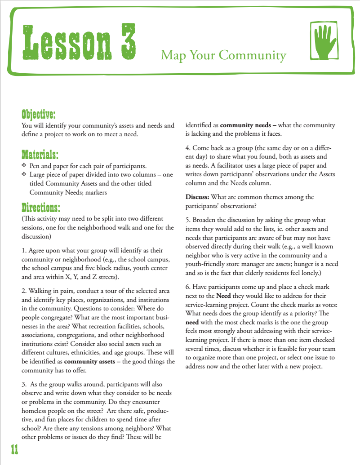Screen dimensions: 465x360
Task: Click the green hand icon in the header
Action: (x=323, y=42)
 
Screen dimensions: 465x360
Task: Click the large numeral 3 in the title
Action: (x=125, y=41)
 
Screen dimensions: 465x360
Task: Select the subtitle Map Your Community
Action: (x=223, y=55)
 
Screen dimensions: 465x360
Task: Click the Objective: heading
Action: (x=39, y=113)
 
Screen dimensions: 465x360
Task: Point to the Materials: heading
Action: (x=40, y=155)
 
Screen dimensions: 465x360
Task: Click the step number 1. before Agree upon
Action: (x=24, y=250)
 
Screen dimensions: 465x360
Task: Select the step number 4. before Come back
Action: (x=188, y=148)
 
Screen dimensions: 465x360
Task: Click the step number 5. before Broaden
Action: (x=188, y=220)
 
